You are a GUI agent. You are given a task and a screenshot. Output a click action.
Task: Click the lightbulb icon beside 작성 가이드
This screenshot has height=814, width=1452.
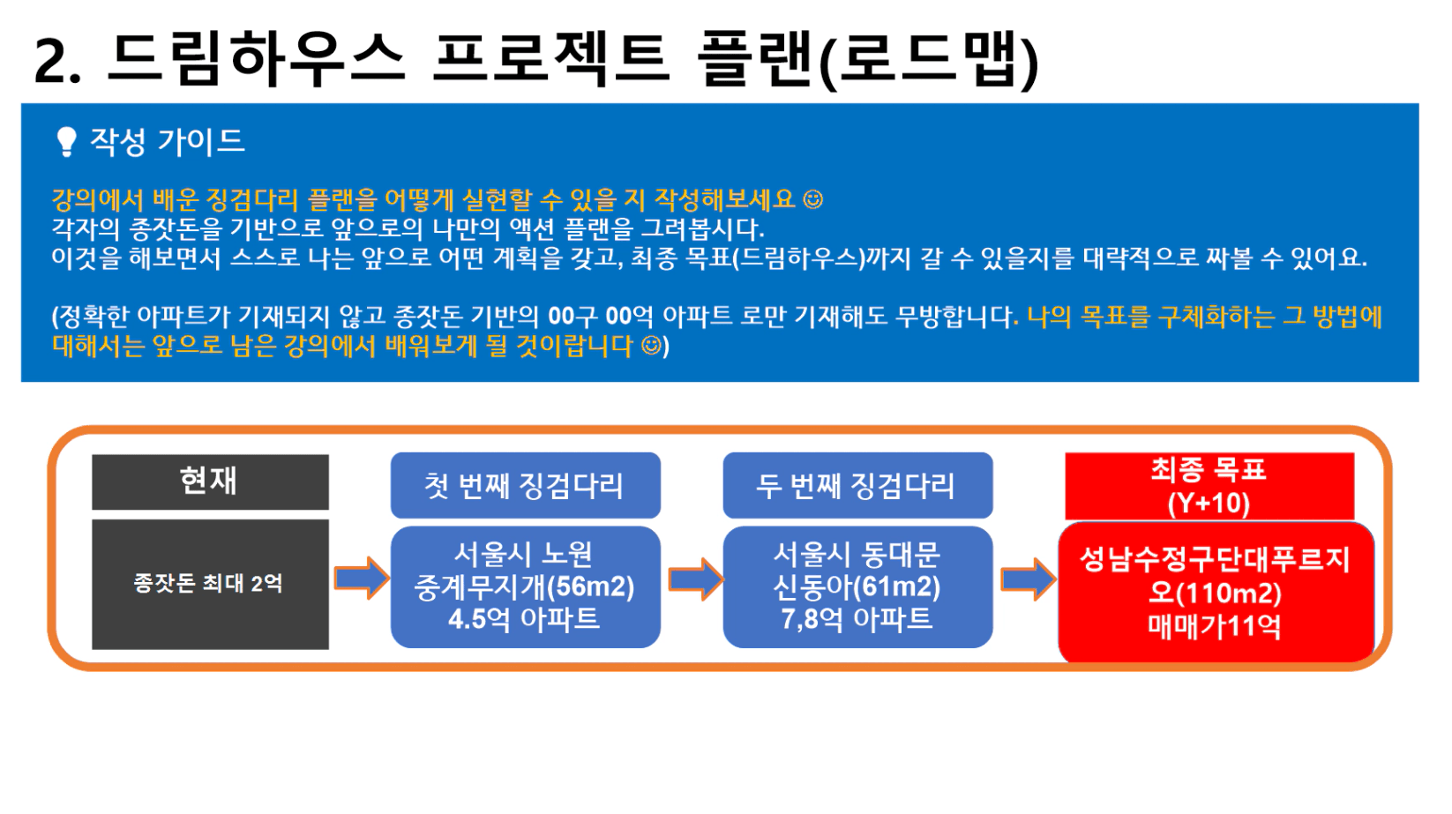[66, 141]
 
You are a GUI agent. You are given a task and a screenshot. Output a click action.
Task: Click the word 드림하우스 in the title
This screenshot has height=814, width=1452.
[257, 59]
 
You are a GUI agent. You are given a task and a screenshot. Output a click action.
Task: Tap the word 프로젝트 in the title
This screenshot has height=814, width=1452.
[552, 59]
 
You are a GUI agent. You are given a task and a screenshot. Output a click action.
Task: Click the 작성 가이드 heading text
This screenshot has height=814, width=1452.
[168, 141]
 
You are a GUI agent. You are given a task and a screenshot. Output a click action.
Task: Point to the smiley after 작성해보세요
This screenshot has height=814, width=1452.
[812, 199]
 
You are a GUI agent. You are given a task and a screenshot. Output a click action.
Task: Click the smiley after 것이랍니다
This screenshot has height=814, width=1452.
[651, 346]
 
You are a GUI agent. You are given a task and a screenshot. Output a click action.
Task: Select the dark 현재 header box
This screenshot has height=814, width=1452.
[210, 482]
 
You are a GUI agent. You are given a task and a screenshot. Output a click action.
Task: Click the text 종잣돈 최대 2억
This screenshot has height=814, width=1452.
[208, 583]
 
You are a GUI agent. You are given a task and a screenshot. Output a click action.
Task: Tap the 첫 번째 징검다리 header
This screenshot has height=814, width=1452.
[526, 485]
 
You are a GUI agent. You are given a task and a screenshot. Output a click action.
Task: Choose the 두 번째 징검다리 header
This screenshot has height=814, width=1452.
[857, 485]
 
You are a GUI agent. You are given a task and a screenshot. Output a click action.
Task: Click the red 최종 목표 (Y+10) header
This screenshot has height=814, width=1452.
[1209, 486]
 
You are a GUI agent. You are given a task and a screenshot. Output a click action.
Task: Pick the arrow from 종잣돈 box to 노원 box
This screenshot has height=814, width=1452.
[361, 578]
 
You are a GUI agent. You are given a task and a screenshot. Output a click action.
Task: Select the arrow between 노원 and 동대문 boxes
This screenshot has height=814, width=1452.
[695, 579]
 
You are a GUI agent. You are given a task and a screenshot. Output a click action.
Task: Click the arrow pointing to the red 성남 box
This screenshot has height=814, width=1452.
[1028, 579]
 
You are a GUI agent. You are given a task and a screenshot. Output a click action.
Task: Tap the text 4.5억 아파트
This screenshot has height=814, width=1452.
[524, 619]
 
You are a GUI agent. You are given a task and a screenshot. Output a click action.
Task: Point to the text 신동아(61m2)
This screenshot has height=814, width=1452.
[857, 587]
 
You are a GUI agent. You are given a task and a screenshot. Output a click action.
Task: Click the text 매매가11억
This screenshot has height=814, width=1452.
[1215, 627]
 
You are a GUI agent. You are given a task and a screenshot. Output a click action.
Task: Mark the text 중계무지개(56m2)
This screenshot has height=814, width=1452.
[524, 587]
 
